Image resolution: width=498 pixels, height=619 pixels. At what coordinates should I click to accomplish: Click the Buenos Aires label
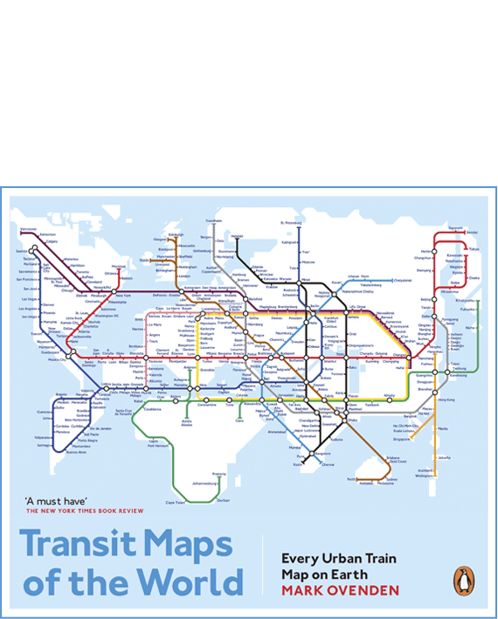(77, 452)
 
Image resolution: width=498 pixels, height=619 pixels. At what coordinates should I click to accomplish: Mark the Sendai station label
(472, 233)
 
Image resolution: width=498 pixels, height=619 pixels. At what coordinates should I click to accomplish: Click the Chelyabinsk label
(402, 280)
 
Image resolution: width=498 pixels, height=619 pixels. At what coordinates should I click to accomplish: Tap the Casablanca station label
(152, 408)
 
